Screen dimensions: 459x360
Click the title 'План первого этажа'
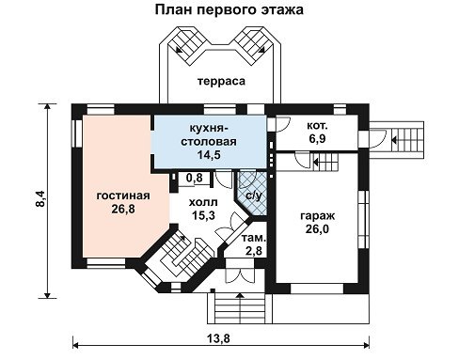pos(229,10)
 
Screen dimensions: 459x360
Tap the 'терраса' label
pos(221,81)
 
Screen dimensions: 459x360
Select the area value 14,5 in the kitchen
pos(209,154)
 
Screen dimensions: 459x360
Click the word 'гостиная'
pos(123,196)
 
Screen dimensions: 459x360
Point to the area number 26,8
pos(123,209)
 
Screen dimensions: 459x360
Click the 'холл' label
pos(203,202)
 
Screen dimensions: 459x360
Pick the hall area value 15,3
pos(203,215)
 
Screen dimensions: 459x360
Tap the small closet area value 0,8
pos(195,178)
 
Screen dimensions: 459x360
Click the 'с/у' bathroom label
pos(253,196)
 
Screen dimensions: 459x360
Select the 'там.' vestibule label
pos(254,239)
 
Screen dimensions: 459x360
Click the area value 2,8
pos(254,251)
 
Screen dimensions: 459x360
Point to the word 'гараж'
pos(318,216)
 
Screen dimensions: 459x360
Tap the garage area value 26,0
pos(317,229)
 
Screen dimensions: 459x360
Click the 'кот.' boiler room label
pos(317,126)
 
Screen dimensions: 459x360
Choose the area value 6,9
pos(317,138)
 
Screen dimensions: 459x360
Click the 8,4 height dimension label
pos(40,199)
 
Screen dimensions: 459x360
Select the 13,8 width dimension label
pos(218,338)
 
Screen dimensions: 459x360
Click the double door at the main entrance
pos(241,275)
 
